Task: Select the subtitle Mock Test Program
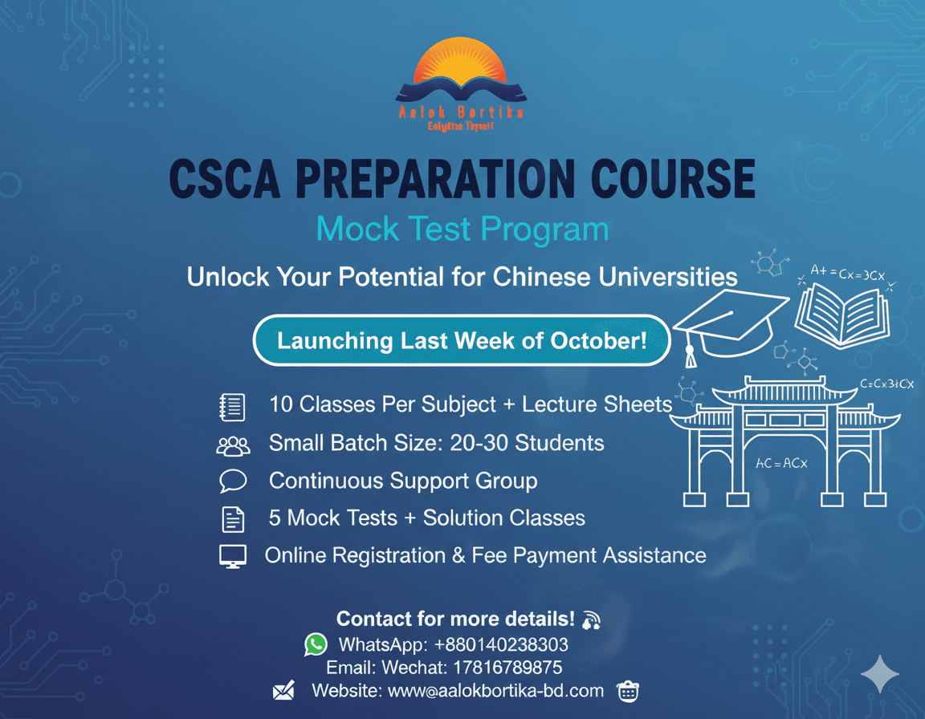462,229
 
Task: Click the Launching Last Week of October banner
462,340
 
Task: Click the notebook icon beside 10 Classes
232,407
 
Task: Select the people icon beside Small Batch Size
233,445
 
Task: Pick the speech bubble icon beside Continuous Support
232,481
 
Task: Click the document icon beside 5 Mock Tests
232,519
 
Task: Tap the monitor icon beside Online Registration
232,556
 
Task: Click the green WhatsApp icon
316,644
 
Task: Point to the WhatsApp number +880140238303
501,644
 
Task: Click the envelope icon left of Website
283,691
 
